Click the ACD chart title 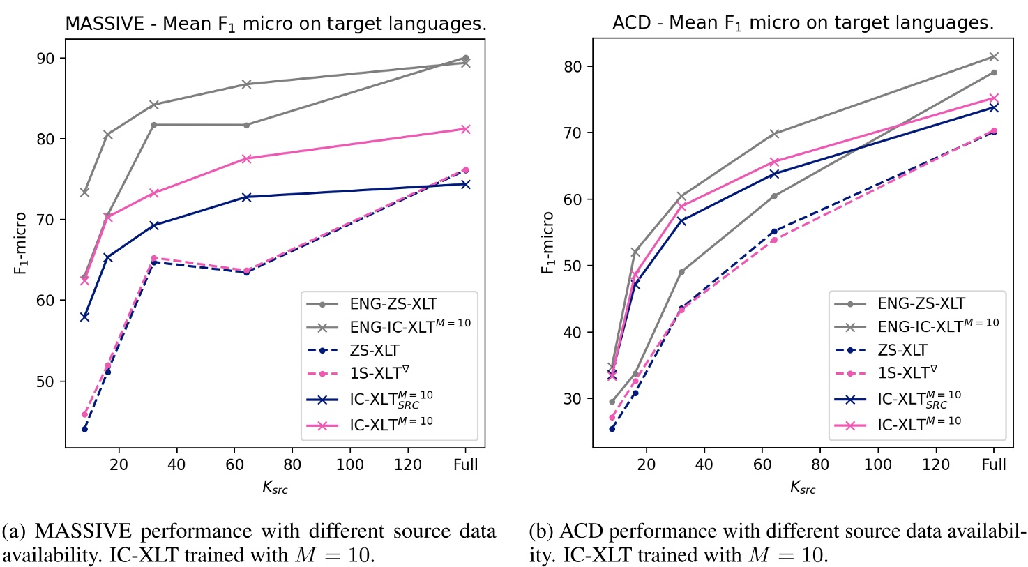tap(803, 23)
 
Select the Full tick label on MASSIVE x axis tap(466, 464)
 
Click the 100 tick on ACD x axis tap(878, 464)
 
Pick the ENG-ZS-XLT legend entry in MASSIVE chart tap(393, 303)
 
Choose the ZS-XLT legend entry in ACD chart tap(902, 350)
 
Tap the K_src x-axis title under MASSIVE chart tap(275, 487)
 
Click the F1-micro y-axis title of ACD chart tap(549, 243)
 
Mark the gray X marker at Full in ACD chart tap(994, 56)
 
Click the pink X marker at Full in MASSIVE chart tap(466, 129)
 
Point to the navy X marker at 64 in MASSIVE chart tap(246, 197)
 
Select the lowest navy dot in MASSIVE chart tap(84, 428)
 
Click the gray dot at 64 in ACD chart tap(773, 196)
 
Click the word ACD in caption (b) tap(572, 532)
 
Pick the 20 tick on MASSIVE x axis tap(119, 464)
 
